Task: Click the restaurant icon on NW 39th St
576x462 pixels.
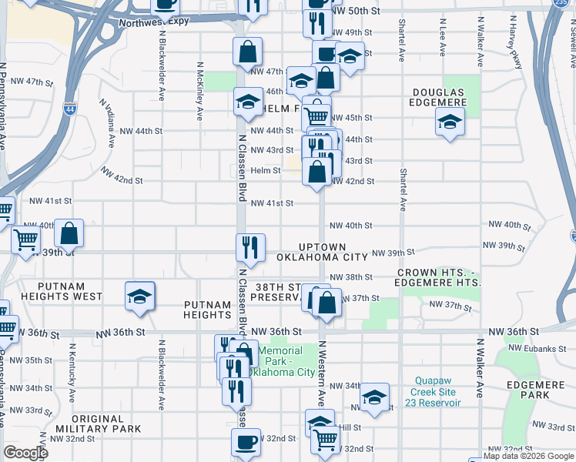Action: point(250,246)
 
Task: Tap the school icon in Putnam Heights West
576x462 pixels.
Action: point(140,296)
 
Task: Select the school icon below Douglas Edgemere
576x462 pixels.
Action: point(450,121)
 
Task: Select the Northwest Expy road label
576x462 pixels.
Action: point(154,22)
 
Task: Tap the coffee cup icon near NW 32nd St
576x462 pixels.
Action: point(246,442)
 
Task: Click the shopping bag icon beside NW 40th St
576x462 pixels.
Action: point(69,232)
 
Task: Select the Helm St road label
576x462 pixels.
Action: point(266,170)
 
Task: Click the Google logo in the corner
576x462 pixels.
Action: point(26,453)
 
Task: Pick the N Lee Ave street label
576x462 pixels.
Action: point(443,38)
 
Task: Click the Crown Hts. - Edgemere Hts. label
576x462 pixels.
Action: point(440,278)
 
